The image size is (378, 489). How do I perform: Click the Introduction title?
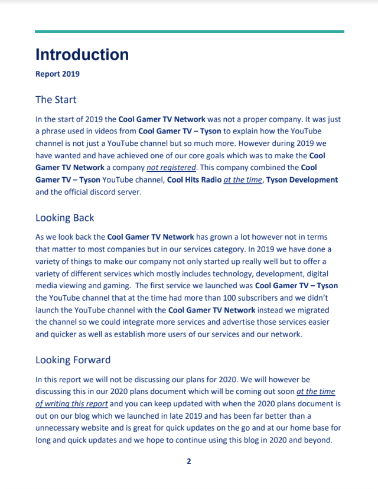(82, 54)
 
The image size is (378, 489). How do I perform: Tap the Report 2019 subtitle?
(57, 74)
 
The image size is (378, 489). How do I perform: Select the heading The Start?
(56, 99)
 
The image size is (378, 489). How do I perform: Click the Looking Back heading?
(64, 218)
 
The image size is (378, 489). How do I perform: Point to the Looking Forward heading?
(73, 360)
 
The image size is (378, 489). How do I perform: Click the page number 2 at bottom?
(189, 461)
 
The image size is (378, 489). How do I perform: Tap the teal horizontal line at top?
(189, 31)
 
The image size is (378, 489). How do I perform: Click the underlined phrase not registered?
(171, 167)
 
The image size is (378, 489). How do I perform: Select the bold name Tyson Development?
(302, 180)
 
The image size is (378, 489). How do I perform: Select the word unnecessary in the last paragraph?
(64, 428)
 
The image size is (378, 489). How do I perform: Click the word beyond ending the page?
(323, 441)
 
